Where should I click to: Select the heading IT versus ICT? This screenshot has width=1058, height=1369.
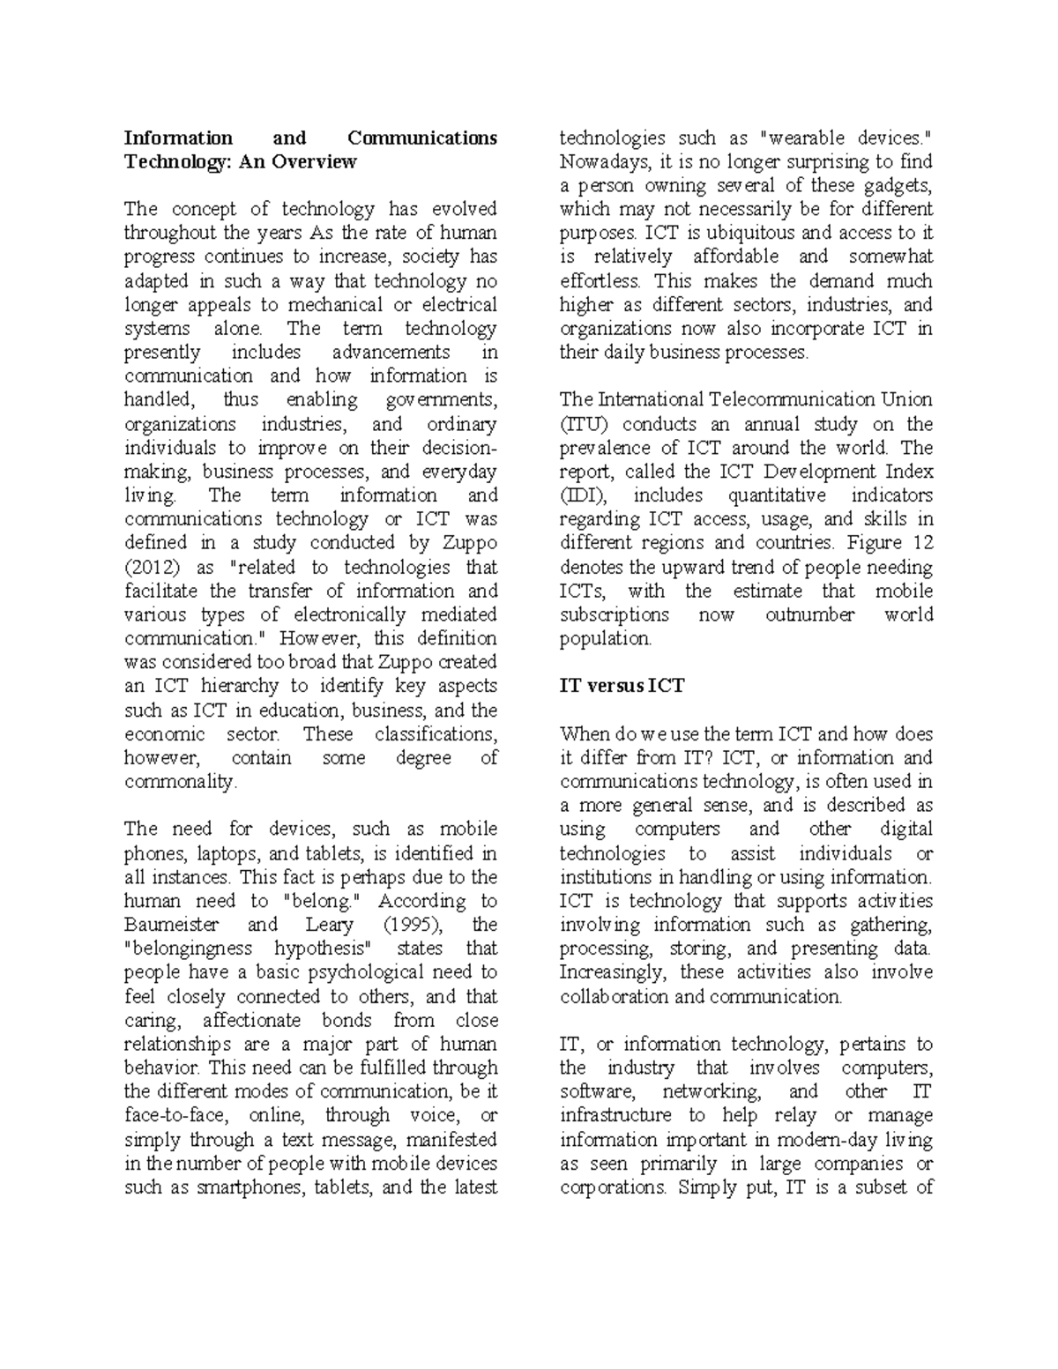(x=622, y=686)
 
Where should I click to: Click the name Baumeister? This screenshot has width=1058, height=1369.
(x=169, y=925)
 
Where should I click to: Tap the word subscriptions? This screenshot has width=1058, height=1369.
(x=615, y=614)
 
